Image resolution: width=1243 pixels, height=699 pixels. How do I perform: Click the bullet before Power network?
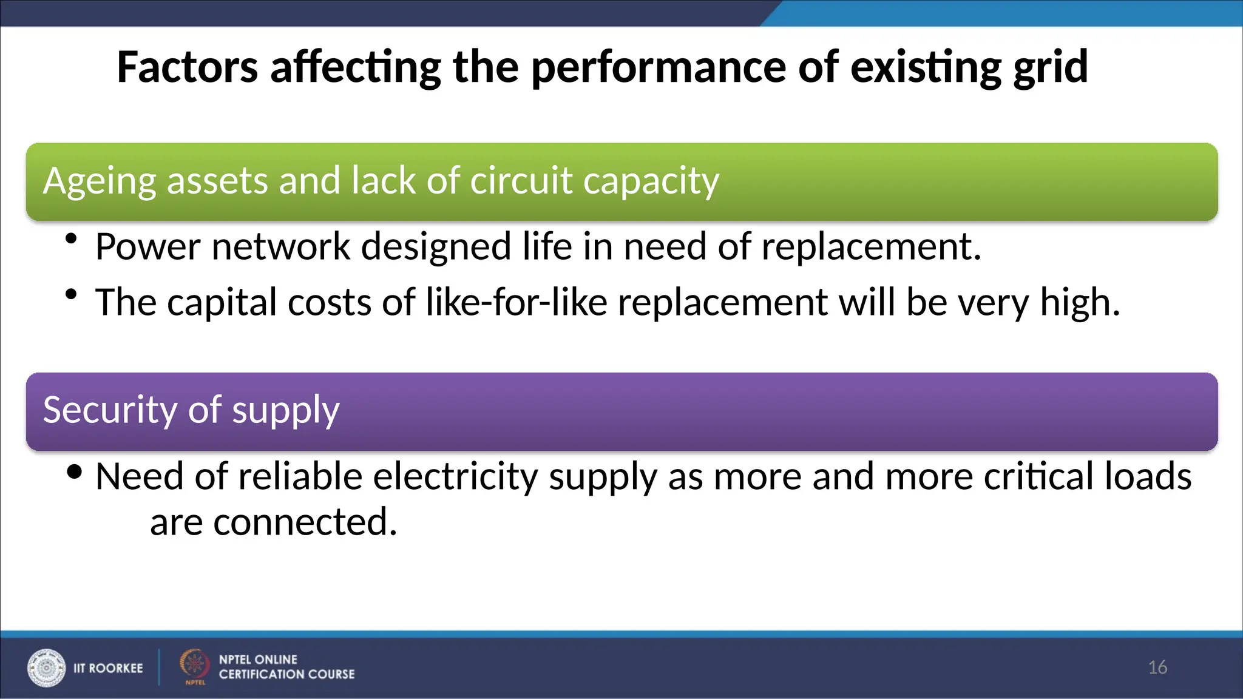click(72, 239)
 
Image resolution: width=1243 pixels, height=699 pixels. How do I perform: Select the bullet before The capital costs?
click(72, 295)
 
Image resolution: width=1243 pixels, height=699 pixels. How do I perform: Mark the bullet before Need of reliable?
click(75, 471)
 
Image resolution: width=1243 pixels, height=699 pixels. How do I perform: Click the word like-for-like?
click(517, 302)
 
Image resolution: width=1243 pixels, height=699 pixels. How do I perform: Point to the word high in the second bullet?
click(1078, 302)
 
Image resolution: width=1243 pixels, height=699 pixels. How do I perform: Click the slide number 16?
click(1157, 667)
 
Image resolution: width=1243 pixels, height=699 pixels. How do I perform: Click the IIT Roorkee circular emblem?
click(46, 667)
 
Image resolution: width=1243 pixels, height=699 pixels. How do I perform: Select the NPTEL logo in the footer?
click(194, 666)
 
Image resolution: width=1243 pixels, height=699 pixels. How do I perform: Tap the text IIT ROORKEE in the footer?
click(108, 668)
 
